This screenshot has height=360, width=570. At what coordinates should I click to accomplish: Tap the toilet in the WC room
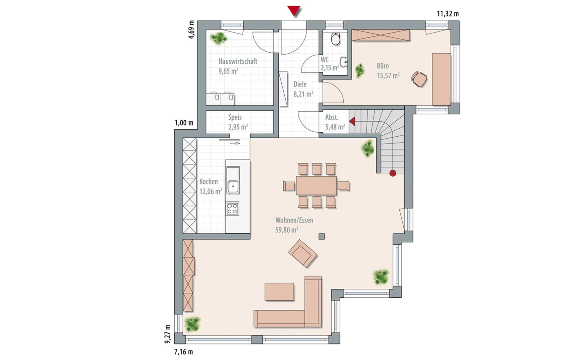[336, 38]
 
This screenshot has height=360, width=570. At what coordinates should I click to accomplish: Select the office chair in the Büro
[419, 79]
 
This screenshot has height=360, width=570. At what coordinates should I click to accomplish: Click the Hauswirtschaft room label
[238, 61]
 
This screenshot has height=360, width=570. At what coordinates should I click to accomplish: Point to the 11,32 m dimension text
[448, 14]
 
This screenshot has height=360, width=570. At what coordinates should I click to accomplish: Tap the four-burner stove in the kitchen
[232, 209]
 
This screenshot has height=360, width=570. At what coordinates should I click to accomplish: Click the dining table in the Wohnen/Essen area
[316, 185]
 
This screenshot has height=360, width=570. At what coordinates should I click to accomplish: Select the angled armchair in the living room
[303, 253]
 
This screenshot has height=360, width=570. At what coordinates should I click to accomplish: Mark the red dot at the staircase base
[393, 173]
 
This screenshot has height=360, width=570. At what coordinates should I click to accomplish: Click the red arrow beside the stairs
[352, 122]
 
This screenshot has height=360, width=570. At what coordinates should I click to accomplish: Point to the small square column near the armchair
[321, 236]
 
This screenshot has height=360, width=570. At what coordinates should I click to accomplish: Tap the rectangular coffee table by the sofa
[279, 292]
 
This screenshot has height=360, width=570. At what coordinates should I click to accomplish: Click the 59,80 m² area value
[287, 230]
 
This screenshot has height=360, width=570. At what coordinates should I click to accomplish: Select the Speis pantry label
[235, 117]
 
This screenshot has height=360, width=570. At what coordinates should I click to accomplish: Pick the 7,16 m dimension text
[184, 352]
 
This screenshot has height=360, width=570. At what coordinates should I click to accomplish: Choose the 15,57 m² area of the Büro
[388, 76]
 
